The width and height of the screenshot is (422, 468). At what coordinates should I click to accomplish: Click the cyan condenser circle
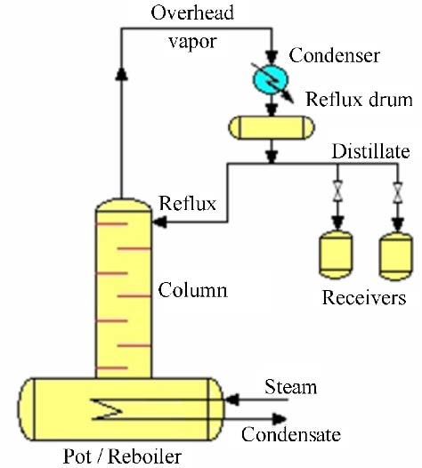[x=271, y=80]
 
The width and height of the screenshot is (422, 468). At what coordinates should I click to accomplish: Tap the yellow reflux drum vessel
[x=272, y=128]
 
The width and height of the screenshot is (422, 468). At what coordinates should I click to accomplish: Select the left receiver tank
[x=336, y=254]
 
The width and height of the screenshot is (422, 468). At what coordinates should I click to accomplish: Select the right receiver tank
[x=396, y=256]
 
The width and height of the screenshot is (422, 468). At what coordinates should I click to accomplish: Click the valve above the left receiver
[x=337, y=190]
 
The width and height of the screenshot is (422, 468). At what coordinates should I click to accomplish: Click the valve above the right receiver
[x=397, y=192]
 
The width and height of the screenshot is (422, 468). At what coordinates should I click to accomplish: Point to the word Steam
[x=290, y=387]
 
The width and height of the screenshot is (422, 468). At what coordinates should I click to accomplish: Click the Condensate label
[x=291, y=434]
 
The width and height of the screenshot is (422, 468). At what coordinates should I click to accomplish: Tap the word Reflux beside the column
[x=188, y=203]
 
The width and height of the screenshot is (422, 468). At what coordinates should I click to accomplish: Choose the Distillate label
[x=370, y=151]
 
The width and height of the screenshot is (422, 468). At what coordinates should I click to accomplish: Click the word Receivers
[x=364, y=297]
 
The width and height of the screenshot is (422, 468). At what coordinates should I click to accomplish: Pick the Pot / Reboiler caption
[x=123, y=456]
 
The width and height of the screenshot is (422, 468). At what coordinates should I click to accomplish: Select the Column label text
[x=192, y=289]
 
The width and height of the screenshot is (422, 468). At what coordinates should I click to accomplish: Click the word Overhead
[x=192, y=12]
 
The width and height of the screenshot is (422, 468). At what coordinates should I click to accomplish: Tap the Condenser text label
[x=334, y=55]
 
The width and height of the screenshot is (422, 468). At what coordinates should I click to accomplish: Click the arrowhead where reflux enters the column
[x=159, y=222]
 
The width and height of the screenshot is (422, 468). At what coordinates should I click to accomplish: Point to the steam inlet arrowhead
[x=231, y=399]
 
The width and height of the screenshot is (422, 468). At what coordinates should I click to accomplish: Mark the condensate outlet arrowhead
[x=280, y=419]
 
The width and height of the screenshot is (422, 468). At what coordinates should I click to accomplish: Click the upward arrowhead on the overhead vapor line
[x=122, y=74]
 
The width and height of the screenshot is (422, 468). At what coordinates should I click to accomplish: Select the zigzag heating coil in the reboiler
[x=107, y=409]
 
